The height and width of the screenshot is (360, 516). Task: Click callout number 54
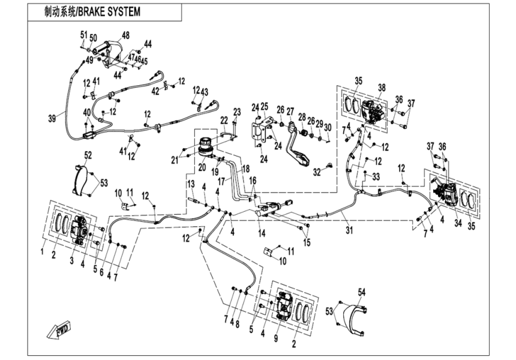[361, 292]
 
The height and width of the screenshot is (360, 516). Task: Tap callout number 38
[381, 87]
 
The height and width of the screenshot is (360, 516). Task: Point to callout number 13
[190, 183]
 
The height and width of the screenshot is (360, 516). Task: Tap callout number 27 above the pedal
[290, 112]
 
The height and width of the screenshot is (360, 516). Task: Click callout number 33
[376, 177]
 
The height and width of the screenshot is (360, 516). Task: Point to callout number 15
[307, 242]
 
